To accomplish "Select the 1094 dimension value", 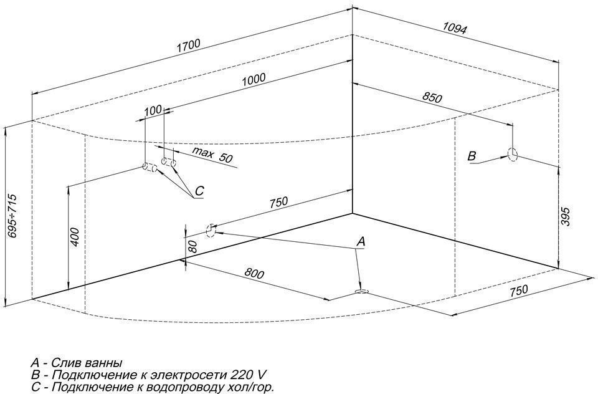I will [x=455, y=27].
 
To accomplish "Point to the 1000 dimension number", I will [x=255, y=79].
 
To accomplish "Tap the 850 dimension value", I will [x=431, y=98].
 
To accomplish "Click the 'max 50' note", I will [x=211, y=155].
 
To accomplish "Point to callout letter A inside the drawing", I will [x=360, y=241].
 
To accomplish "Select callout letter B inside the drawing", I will [x=472, y=156].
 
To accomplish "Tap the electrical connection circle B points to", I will [x=513, y=155].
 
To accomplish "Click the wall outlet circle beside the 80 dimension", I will [x=211, y=231].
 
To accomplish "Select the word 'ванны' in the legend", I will [x=103, y=363].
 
